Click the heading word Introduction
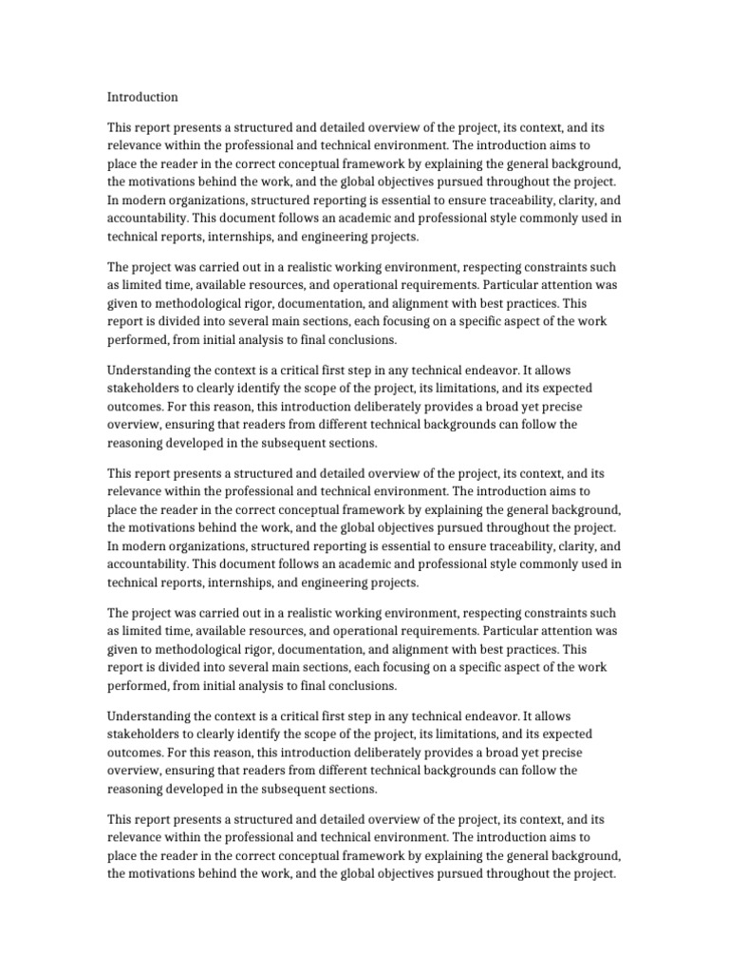click(x=142, y=97)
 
